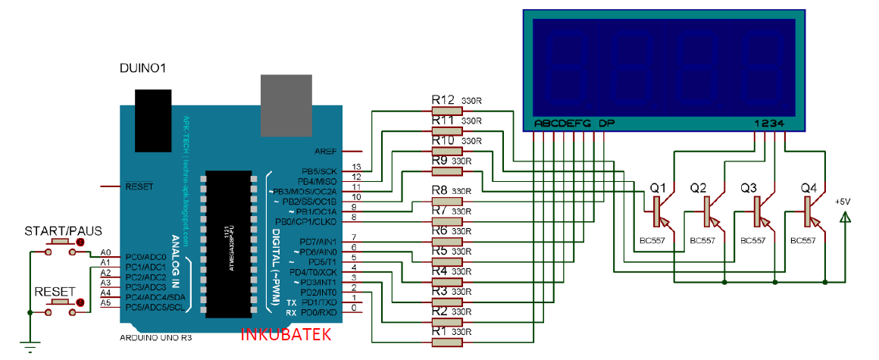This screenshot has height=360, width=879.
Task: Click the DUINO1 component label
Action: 143,69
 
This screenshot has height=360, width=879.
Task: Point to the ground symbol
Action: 29,346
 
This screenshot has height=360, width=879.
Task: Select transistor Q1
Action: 658,211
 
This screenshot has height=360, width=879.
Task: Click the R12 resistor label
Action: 443,100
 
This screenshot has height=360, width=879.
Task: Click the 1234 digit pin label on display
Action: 773,124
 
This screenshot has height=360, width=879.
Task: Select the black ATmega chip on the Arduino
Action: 231,235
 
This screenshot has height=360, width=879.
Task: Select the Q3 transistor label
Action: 749,187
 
